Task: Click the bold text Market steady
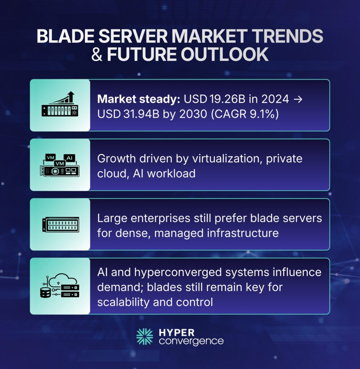tap(133, 99)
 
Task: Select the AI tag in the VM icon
tap(69, 157)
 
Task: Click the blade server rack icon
tap(60, 224)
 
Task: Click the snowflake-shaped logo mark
tap(145, 336)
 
